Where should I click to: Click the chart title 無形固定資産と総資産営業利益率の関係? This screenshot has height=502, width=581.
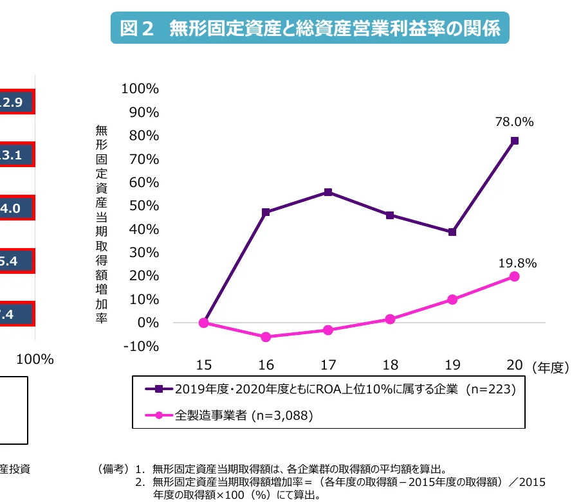(x=309, y=28)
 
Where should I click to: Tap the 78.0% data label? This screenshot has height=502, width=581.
(x=514, y=121)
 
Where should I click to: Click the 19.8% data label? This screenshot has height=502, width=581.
(x=517, y=263)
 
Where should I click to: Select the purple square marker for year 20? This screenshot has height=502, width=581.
(x=515, y=141)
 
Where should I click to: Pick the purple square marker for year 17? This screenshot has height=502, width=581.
(x=328, y=192)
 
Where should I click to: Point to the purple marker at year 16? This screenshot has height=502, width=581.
(x=266, y=212)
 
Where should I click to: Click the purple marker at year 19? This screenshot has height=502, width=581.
(x=452, y=232)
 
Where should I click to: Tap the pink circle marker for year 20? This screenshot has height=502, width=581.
(x=515, y=276)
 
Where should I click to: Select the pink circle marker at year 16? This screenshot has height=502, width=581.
(x=266, y=337)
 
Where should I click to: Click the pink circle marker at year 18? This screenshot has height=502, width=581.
(x=390, y=319)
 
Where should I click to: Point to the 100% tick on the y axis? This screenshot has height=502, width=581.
(x=140, y=89)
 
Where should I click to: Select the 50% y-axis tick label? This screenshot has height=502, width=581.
(x=143, y=206)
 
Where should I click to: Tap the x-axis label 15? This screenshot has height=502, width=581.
(x=203, y=366)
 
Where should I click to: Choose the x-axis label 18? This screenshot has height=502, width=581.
(x=390, y=366)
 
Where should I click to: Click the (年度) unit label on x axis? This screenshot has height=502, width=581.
(x=551, y=367)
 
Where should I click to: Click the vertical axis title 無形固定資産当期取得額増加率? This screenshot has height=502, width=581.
(x=101, y=224)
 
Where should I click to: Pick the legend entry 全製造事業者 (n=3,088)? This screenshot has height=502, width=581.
(x=244, y=415)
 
